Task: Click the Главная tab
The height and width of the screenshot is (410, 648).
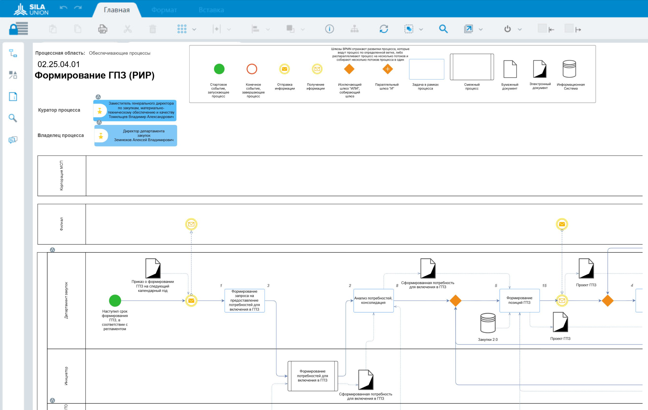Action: click(117, 10)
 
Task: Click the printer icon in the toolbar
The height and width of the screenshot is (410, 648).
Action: click(103, 29)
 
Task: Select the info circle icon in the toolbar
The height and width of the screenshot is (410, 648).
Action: click(329, 29)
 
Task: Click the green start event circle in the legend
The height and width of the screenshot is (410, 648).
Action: click(219, 69)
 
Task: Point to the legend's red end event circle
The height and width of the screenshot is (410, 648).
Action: click(252, 69)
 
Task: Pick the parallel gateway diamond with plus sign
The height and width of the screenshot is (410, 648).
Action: click(388, 69)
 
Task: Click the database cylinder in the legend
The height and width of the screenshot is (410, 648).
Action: click(569, 69)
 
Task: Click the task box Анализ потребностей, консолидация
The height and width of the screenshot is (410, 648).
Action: click(373, 300)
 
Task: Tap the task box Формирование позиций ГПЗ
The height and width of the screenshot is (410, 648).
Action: click(519, 300)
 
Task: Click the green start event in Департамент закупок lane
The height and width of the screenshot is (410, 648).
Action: click(115, 300)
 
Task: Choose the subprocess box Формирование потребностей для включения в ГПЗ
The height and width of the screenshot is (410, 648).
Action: click(312, 376)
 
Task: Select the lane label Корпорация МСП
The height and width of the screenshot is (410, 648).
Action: click(62, 176)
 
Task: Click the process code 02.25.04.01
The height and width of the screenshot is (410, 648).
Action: click(59, 64)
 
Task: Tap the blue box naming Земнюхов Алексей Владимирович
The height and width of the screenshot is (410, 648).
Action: click(136, 135)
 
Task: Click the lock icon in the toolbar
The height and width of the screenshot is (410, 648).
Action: click(18, 29)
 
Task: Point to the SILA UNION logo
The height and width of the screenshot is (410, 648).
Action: click(31, 9)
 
